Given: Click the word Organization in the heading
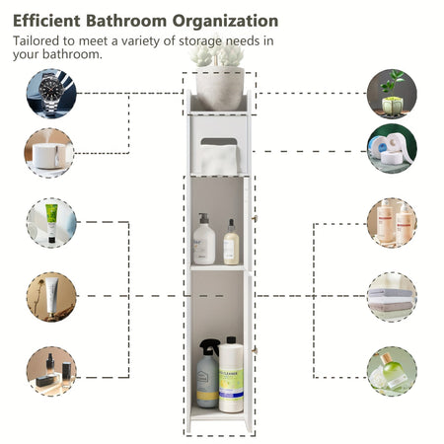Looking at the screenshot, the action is (x=225, y=21).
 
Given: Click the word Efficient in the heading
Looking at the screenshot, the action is (x=46, y=21).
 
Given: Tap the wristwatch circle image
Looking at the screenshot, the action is (x=51, y=94).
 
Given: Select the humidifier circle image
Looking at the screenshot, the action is (x=49, y=153).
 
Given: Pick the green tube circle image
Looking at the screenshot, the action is (x=51, y=223).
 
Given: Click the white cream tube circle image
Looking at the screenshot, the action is (x=51, y=297).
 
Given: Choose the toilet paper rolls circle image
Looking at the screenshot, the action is (x=392, y=149).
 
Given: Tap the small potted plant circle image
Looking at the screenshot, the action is (x=392, y=94).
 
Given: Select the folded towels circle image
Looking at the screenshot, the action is (x=392, y=297).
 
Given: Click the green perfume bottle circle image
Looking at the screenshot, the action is (x=392, y=371).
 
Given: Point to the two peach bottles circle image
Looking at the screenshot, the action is (x=392, y=223).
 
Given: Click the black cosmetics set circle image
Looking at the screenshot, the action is (x=51, y=371).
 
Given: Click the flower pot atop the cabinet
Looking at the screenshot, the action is (x=220, y=88).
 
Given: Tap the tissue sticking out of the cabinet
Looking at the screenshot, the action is (x=218, y=160).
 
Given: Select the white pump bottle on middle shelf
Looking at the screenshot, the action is (x=204, y=239).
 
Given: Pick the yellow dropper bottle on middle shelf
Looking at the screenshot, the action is (x=231, y=242).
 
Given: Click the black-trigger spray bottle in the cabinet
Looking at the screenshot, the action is (x=208, y=374).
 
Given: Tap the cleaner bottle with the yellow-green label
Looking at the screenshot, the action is (x=231, y=375).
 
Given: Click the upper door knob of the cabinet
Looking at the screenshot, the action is (x=254, y=218).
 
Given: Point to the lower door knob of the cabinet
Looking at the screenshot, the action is (x=254, y=351).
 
